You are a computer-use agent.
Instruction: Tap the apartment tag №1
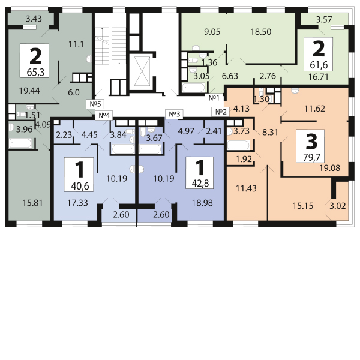tap(215, 98)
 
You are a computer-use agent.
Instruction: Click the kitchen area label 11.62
tap(314, 109)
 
